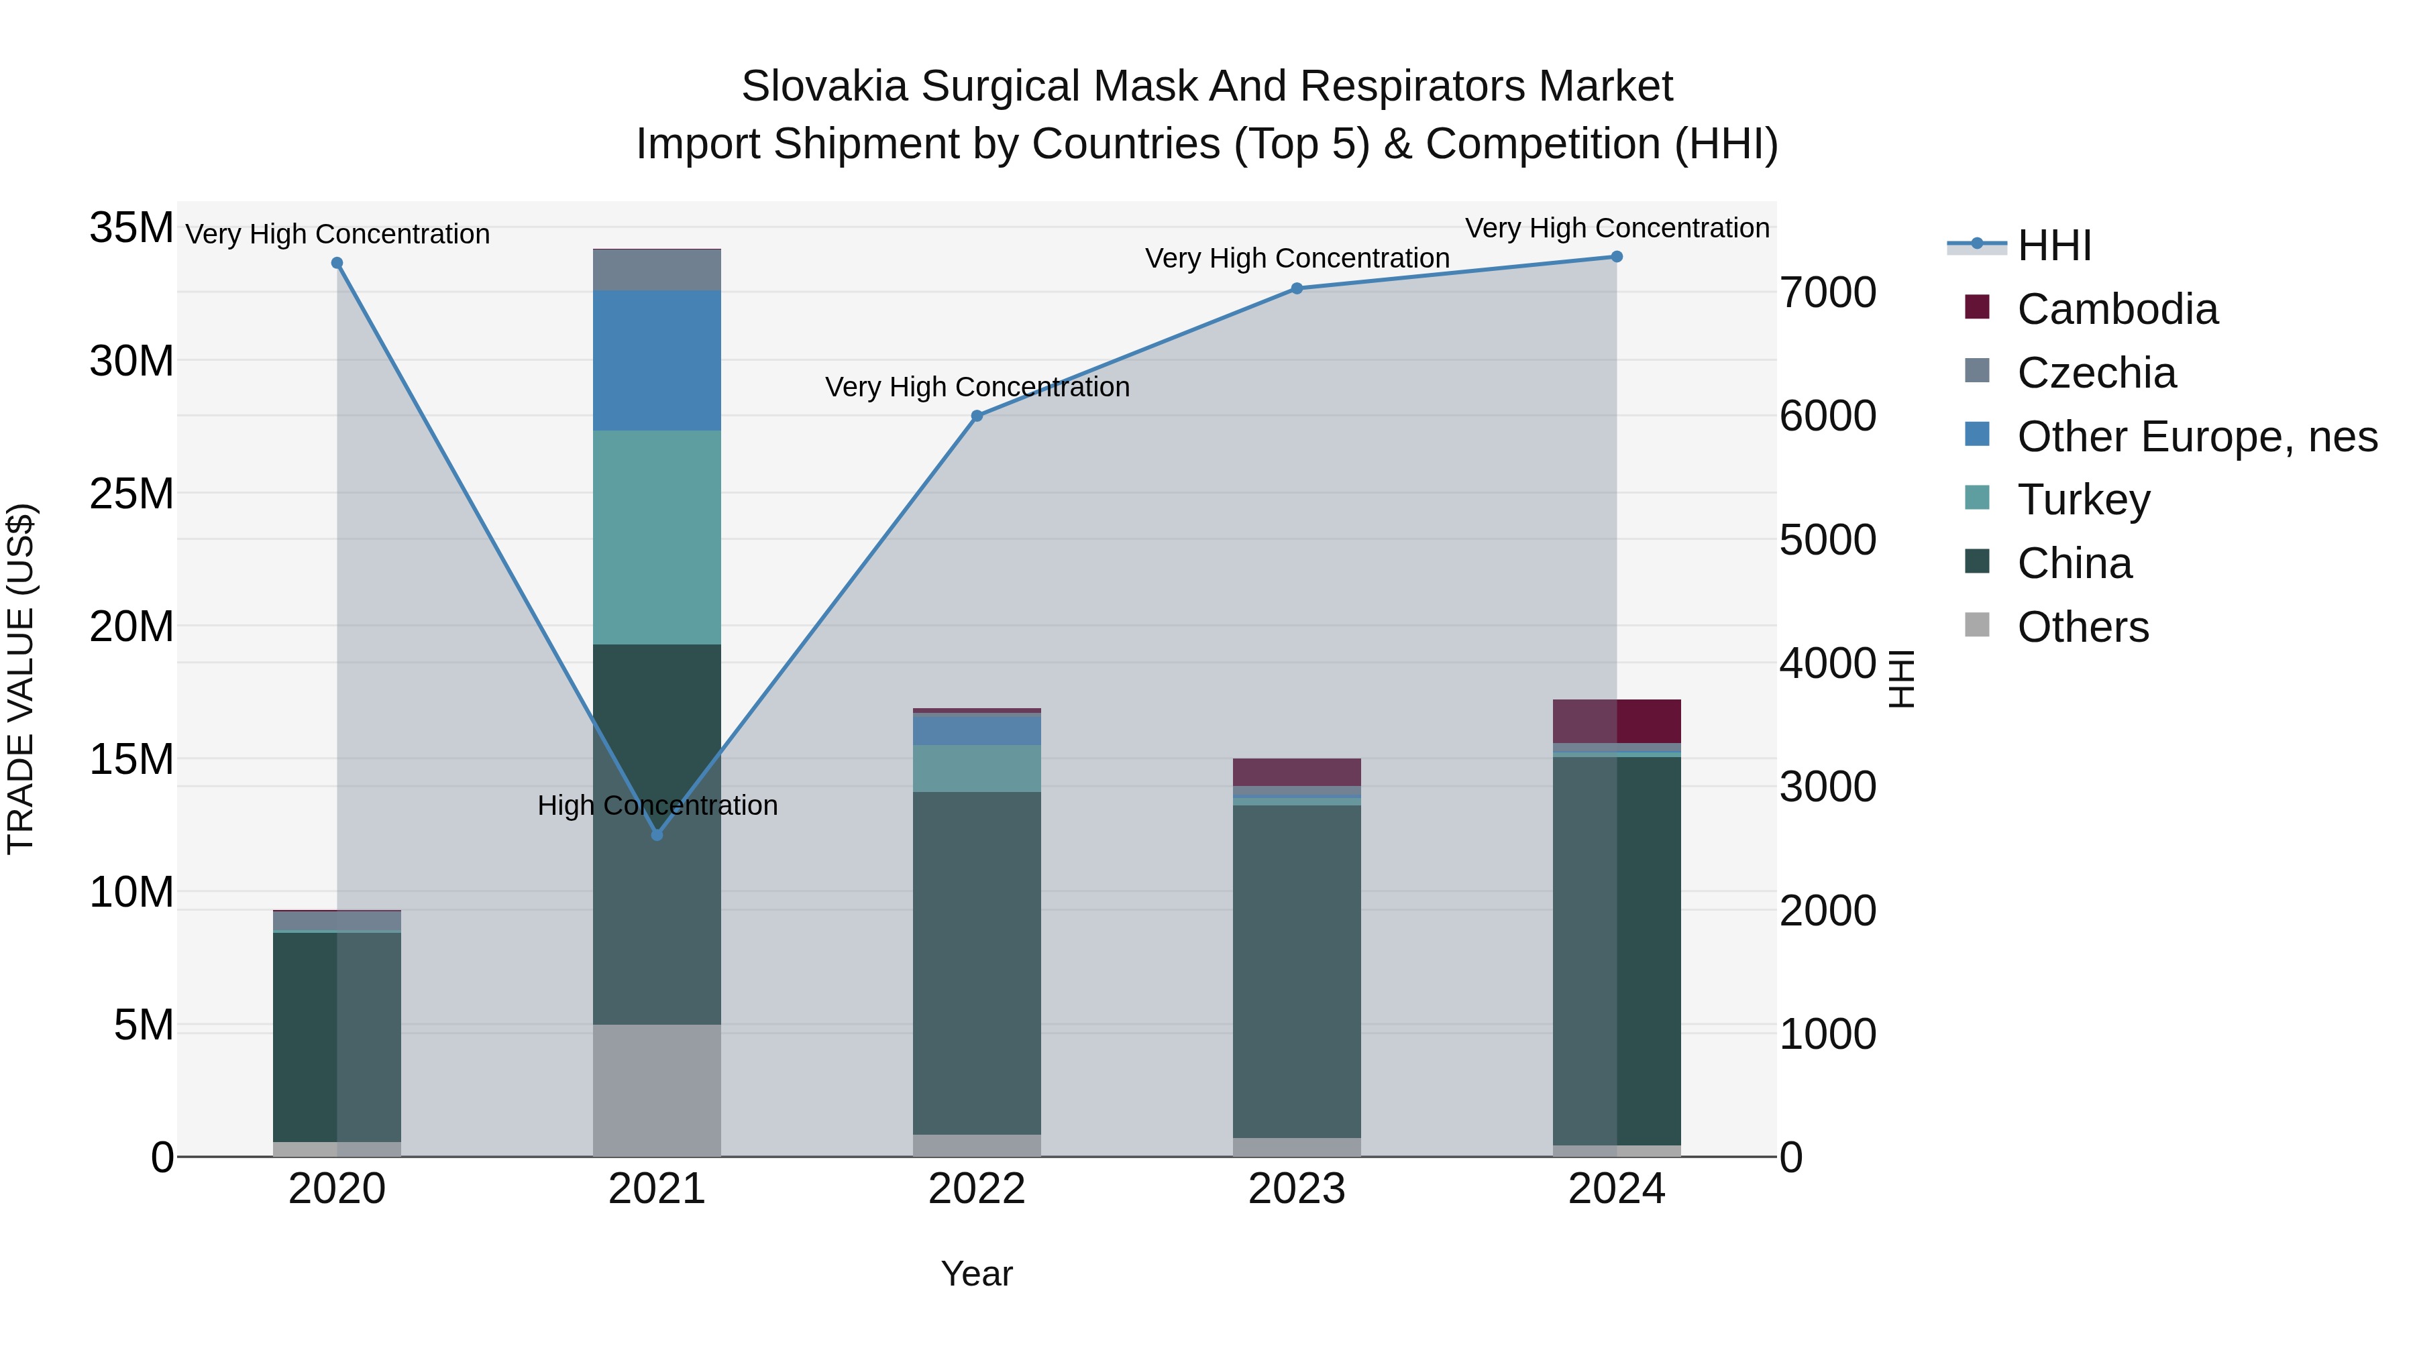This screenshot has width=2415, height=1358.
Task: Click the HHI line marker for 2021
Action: click(x=657, y=834)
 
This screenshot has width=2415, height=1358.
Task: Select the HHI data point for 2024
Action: click(x=1616, y=257)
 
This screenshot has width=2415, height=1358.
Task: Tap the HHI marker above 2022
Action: click(x=977, y=415)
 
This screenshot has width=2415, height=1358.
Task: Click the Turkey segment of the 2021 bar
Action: click(x=657, y=537)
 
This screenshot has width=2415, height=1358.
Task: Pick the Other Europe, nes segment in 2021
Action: click(x=657, y=360)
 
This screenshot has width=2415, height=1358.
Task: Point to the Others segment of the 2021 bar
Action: click(x=657, y=1090)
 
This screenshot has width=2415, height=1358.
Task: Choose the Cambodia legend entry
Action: click(x=2117, y=309)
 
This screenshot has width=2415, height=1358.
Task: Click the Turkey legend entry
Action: click(x=2083, y=500)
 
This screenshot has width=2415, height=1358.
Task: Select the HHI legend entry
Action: click(x=2053, y=245)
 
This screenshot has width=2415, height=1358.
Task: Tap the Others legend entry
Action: click(x=2082, y=627)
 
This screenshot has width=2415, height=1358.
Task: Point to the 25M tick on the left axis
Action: click(x=131, y=494)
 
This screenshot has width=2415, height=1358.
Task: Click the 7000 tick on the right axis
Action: click(x=1827, y=292)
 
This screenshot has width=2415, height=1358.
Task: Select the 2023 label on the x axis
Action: click(x=1297, y=1189)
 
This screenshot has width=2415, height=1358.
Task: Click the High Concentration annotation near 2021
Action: click(x=657, y=805)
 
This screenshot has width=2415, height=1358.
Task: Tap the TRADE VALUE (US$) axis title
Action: click(x=21, y=679)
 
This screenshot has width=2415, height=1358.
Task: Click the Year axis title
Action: click(x=977, y=1274)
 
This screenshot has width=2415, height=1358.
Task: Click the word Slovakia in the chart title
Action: click(x=824, y=87)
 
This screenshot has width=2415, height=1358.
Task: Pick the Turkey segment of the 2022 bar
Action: click(x=977, y=769)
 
